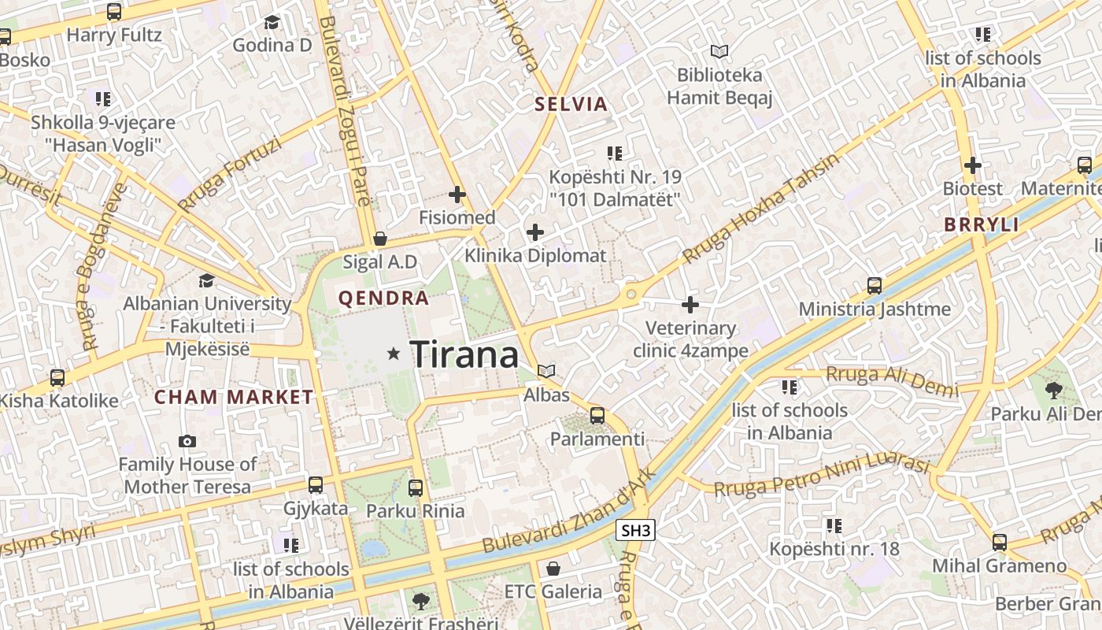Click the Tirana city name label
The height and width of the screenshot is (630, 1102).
(464, 354)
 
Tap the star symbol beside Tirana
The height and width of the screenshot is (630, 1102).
(394, 354)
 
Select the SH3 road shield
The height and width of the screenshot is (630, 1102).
(636, 531)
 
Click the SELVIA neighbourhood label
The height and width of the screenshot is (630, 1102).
(571, 104)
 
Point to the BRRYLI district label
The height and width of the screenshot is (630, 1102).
(982, 224)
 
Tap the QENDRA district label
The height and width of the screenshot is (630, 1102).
(383, 298)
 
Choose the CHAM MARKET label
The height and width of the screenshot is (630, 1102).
(234, 397)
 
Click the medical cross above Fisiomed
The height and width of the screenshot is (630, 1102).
(457, 194)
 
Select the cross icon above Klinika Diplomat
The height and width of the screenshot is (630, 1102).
(535, 232)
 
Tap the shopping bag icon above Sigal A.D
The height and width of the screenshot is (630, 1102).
(380, 238)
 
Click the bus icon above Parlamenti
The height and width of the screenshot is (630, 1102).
(597, 415)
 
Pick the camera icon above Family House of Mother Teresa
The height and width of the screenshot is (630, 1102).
(187, 441)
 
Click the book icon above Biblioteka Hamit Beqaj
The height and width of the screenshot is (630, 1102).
(719, 52)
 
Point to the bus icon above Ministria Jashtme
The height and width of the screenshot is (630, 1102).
(875, 285)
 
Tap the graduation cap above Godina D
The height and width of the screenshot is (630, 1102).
(272, 22)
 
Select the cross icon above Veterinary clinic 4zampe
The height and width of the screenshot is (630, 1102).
(690, 304)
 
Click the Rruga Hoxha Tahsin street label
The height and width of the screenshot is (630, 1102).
(761, 209)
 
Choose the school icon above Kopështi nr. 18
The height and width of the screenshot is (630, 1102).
(834, 524)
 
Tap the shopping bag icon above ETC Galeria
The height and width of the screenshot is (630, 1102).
(553, 568)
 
